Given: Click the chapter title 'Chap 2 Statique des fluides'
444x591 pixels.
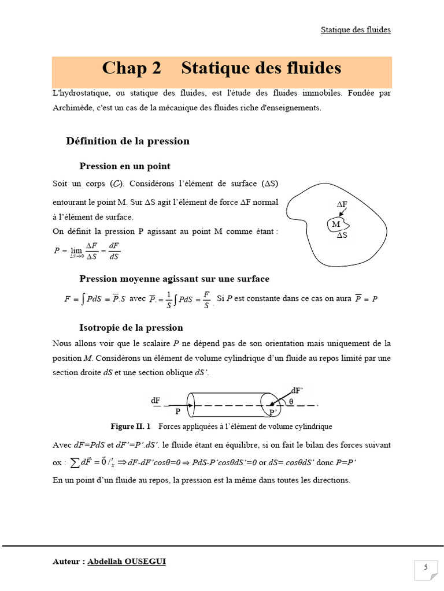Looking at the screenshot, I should pyautogui.click(x=221, y=69).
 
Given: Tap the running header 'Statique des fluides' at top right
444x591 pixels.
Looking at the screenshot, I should pyautogui.click(x=356, y=29).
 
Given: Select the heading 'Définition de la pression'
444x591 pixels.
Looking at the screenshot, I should pyautogui.click(x=128, y=141).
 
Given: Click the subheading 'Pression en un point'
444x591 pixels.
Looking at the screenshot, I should pyautogui.click(x=125, y=166).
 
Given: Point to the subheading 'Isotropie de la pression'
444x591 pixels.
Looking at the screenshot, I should pyautogui.click(x=131, y=328).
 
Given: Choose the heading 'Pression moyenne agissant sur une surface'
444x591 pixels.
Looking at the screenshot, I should pyautogui.click(x=174, y=279).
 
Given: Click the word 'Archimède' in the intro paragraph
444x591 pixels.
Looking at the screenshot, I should pyautogui.click(x=72, y=107).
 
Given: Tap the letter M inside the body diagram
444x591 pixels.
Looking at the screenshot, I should pyautogui.click(x=336, y=224).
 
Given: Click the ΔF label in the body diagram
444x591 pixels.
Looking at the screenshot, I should pyautogui.click(x=342, y=205).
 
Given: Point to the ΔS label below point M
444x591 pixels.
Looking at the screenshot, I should pyautogui.click(x=342, y=235).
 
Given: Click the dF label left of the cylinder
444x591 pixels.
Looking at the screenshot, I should pyautogui.click(x=156, y=400).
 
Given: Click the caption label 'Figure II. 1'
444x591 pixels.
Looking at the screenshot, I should pyautogui.click(x=131, y=427).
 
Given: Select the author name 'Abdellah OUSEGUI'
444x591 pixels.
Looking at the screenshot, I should pyautogui.click(x=127, y=561).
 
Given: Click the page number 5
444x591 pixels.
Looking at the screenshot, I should pyautogui.click(x=425, y=567).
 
